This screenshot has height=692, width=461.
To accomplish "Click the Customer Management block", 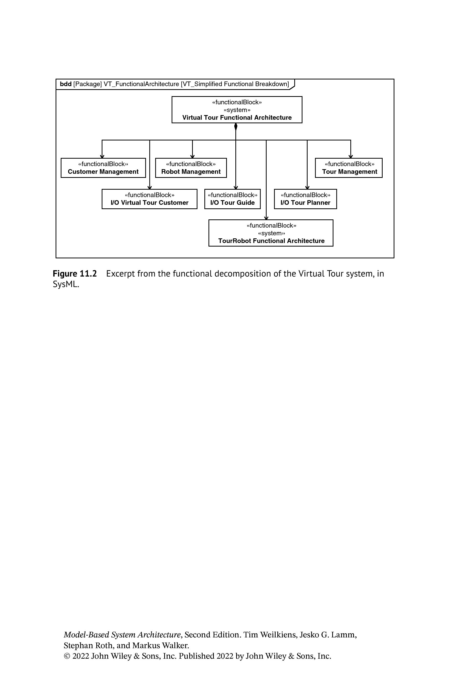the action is pyautogui.click(x=103, y=168).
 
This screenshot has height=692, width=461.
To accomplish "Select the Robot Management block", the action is pyautogui.click(x=191, y=168).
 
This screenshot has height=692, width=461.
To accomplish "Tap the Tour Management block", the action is pyautogui.click(x=349, y=168).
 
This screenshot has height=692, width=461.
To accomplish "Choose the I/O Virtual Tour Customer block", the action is pyautogui.click(x=149, y=199).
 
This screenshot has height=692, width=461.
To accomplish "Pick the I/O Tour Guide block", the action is pyautogui.click(x=233, y=199).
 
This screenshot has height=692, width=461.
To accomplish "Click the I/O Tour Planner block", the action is pyautogui.click(x=306, y=199).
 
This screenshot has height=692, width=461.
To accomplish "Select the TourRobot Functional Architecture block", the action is pyautogui.click(x=271, y=233).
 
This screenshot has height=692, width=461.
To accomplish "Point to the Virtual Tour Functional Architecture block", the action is pyautogui.click(x=237, y=110).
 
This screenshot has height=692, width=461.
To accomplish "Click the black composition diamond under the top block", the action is pyautogui.click(x=236, y=127).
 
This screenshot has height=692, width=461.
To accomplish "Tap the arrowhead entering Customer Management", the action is pyautogui.click(x=102, y=156).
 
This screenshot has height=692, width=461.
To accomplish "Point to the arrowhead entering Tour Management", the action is pyautogui.click(x=350, y=156).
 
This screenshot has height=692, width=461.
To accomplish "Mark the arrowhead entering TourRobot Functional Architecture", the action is pyautogui.click(x=266, y=218).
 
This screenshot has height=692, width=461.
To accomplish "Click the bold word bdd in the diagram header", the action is pyautogui.click(x=66, y=84).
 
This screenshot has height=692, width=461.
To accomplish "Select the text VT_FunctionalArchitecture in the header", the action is pyautogui.click(x=141, y=84).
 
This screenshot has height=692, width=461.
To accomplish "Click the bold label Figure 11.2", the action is pyautogui.click(x=75, y=274).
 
